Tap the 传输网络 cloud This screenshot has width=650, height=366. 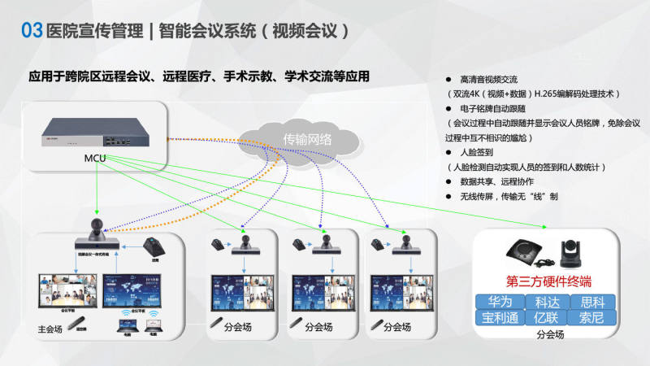point(307,139)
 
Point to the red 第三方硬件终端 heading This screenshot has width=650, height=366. point(552,282)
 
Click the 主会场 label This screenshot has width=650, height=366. point(50,329)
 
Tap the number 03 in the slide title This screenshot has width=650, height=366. point(31,31)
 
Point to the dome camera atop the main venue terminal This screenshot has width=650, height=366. point(96,226)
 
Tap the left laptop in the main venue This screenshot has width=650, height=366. point(125,326)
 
